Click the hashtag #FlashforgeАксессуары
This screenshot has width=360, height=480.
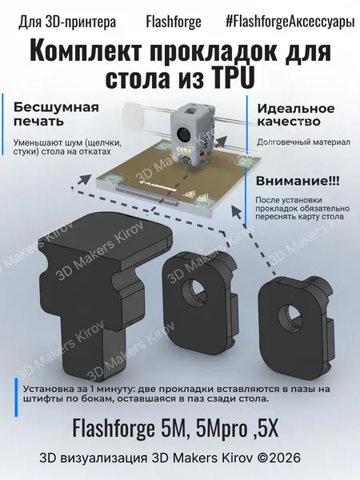(290, 22)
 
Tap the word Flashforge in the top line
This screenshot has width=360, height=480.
(174, 22)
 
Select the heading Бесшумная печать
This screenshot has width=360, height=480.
(56, 114)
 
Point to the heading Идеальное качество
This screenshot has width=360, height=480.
(295, 115)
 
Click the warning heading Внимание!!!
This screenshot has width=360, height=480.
(298, 181)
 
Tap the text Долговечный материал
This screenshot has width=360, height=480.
(303, 142)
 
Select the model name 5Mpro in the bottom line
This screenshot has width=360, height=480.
(221, 428)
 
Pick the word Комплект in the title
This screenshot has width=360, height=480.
(86, 50)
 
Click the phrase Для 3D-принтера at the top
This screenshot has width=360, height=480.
(67, 22)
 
